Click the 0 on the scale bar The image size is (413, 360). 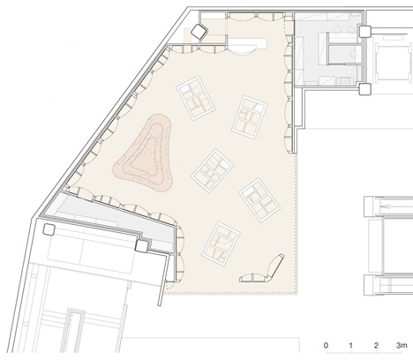click(326, 345)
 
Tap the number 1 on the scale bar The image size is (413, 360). click(351, 345)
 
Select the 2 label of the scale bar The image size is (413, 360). click(376, 345)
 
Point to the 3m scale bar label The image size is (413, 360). click(402, 345)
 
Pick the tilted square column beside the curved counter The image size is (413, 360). click(199, 32)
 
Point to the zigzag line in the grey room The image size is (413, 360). click(336, 64)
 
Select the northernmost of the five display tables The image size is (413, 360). click(195, 98)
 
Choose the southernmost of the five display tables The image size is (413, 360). click(221, 244)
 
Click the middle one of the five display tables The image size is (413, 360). click(212, 171)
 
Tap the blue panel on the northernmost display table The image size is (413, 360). click(185, 87)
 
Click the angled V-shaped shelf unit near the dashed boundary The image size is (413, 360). click(263, 271)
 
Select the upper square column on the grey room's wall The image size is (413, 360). click(364, 31)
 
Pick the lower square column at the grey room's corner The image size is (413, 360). click(364, 89)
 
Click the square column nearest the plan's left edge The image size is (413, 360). click(49, 229)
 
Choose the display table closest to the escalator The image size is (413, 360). click(259, 199)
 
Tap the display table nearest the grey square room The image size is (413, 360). click(250, 116)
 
